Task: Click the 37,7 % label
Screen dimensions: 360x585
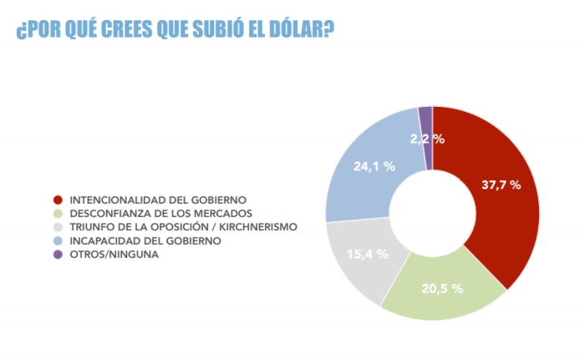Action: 501,185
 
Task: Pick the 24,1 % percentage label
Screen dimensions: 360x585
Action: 374,166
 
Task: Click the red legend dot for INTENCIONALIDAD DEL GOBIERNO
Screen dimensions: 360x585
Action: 57,200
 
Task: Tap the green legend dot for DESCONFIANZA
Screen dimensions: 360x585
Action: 57,214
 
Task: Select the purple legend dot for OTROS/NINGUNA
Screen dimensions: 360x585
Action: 57,254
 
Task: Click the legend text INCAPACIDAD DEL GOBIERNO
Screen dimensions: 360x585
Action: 145,241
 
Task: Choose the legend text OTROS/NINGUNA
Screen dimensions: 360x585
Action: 114,254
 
